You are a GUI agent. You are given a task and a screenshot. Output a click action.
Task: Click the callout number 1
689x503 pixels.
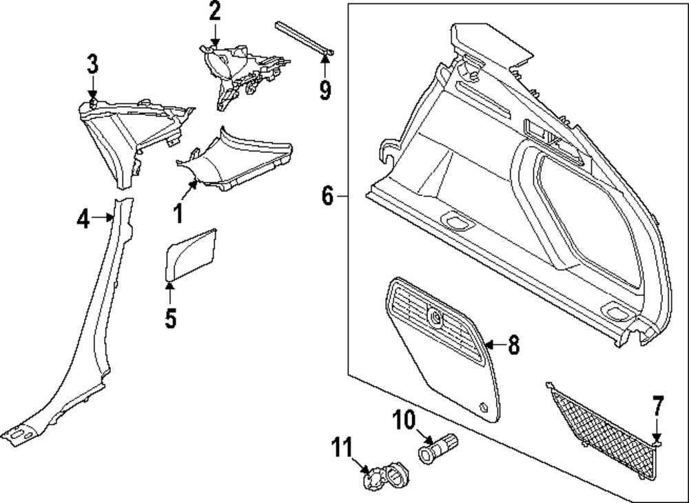pyautogui.click(x=178, y=214)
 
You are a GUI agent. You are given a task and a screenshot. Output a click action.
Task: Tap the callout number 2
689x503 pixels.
pyautogui.click(x=214, y=12)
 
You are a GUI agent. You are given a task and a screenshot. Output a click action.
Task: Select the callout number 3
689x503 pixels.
pyautogui.click(x=92, y=64)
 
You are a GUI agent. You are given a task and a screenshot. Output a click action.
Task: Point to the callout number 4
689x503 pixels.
pyautogui.click(x=83, y=219)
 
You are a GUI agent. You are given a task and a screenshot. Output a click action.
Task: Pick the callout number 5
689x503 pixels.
pyautogui.click(x=170, y=318)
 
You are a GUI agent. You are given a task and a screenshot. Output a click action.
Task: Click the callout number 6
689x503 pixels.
pyautogui.click(x=328, y=195)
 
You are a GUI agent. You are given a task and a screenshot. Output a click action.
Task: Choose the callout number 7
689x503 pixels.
pyautogui.click(x=657, y=405)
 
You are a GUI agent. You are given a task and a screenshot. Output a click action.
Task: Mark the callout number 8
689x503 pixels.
pyautogui.click(x=514, y=345)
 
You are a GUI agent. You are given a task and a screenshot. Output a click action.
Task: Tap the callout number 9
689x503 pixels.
pyautogui.click(x=325, y=90)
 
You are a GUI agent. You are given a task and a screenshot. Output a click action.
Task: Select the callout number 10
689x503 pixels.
pyautogui.click(x=404, y=420)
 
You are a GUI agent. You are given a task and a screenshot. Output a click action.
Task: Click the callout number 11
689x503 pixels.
pyautogui.click(x=342, y=448)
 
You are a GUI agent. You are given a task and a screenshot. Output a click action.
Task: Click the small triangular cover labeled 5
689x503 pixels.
pyautogui.click(x=190, y=254)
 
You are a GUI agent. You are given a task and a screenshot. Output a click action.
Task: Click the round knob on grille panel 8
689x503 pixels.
pyautogui.click(x=435, y=317)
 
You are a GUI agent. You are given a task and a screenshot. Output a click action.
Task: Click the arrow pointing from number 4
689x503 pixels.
pyautogui.click(x=103, y=217)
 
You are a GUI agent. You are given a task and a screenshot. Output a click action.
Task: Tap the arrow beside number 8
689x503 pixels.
pyautogui.click(x=495, y=345)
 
